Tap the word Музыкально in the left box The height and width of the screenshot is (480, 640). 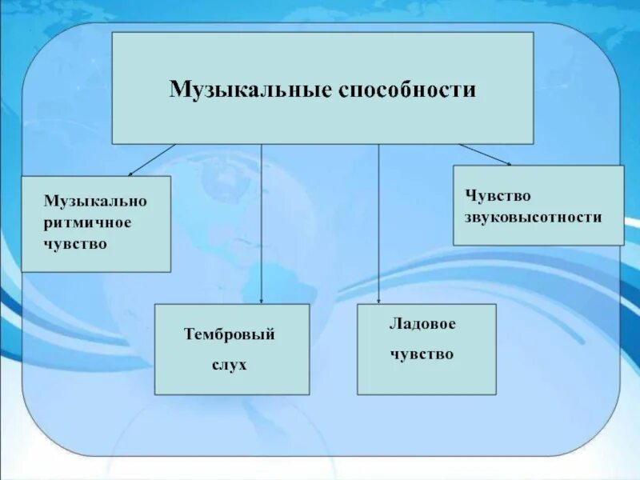pyautogui.click(x=95, y=201)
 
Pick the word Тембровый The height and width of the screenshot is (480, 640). pyautogui.click(x=230, y=335)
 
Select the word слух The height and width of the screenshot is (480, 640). pyautogui.click(x=230, y=365)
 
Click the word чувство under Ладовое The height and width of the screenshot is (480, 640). pyautogui.click(x=422, y=353)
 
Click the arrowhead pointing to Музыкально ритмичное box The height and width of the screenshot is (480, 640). pyautogui.click(x=131, y=173)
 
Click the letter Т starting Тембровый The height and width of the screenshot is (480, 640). pyautogui.click(x=189, y=335)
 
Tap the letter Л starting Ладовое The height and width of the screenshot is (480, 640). pyautogui.click(x=394, y=324)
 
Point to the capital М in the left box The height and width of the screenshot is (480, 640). pyautogui.click(x=50, y=201)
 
